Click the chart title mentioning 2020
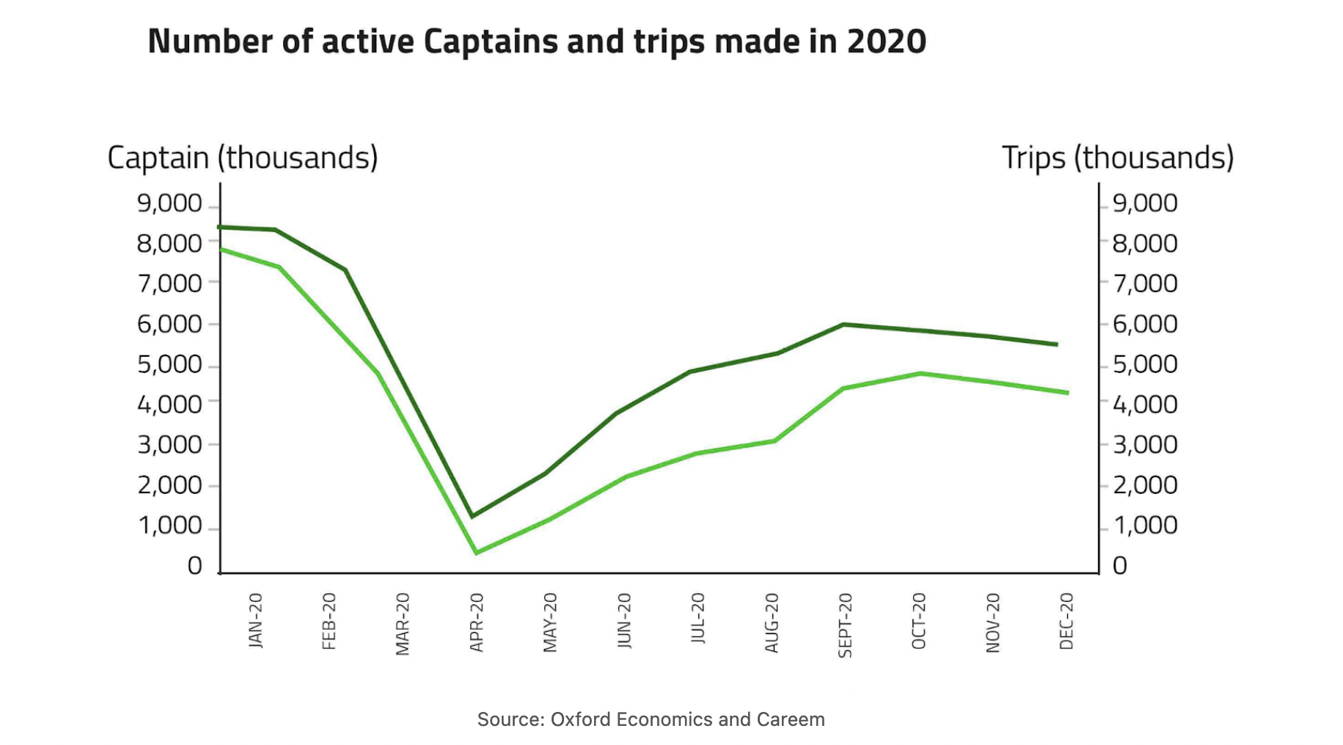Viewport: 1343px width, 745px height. pos(536,42)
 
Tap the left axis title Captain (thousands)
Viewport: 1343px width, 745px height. pos(242,158)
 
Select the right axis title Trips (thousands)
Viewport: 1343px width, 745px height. pos(1117,158)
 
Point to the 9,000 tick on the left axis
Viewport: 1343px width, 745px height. pos(169,203)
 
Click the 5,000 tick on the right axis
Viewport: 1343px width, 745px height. pos(1144,364)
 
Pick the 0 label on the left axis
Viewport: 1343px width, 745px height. pos(194,566)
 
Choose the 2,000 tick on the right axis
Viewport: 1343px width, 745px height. pos(1144,485)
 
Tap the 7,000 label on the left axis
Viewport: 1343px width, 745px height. pos(169,283)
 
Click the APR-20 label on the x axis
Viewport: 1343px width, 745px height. pos(477,622)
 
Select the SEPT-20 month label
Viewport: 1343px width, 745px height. pos(845,625)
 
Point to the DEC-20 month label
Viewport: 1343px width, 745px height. pos(1066,622)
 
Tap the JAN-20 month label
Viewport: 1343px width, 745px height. pos(255,621)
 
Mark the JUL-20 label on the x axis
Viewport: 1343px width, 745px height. pos(698,619)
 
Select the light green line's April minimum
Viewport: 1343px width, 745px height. pos(476,553)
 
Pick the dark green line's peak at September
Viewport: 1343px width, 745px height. pos(844,324)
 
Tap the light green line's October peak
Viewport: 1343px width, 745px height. pos(920,374)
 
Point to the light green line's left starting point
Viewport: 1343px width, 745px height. pos(222,250)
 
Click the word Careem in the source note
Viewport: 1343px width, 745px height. pos(795,719)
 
